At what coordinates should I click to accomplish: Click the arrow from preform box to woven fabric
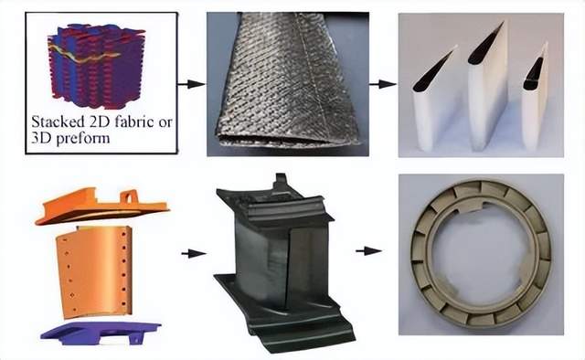[191, 84]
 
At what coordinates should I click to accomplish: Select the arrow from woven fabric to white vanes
[383, 84]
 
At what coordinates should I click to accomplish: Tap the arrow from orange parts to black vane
[194, 254]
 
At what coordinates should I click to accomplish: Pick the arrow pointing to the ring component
[368, 251]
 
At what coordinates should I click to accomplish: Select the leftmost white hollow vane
[435, 101]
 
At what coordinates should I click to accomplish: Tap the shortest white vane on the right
[535, 99]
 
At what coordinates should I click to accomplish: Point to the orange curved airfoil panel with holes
[94, 271]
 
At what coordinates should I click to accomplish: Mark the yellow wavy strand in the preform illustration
[84, 55]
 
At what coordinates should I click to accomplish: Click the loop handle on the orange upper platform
[129, 196]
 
